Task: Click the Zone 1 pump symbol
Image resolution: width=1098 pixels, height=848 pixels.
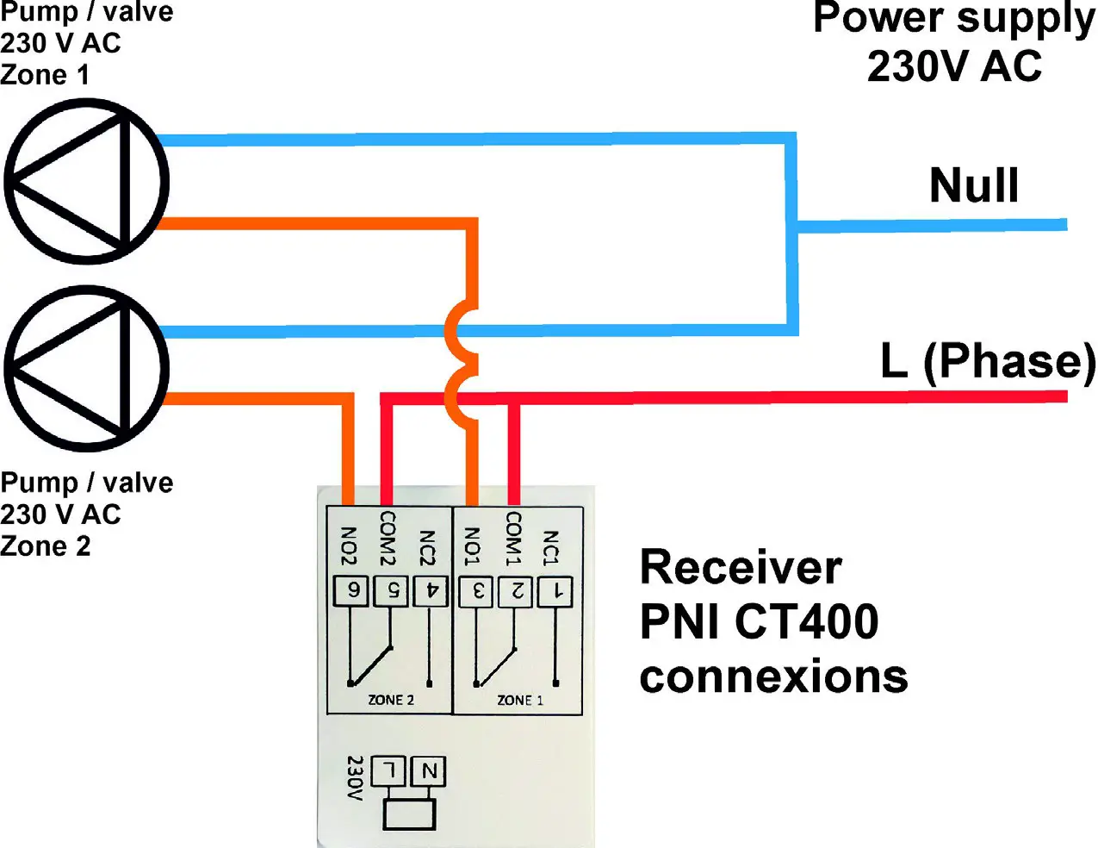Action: point(86,181)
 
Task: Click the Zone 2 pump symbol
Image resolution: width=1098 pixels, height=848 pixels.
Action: point(86,369)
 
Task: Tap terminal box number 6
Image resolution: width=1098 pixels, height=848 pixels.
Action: point(351,591)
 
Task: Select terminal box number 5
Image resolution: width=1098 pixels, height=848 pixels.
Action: point(391,591)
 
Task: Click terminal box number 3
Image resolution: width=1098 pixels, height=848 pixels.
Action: point(476,592)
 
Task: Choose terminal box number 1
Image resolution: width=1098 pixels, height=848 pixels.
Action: point(555,592)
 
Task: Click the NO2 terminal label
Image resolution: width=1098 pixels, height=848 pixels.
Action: point(349,546)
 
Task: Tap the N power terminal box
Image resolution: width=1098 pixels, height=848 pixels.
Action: point(428,770)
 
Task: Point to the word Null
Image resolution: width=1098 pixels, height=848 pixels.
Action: point(974,185)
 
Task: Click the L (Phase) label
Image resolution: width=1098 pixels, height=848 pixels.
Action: point(987,361)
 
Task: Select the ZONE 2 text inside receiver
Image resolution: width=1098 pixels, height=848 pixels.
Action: point(391,700)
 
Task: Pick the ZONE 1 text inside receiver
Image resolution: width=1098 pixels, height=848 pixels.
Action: point(520,700)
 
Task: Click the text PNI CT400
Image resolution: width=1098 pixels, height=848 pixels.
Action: point(759,621)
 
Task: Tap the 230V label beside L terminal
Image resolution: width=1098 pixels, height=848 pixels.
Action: point(354,778)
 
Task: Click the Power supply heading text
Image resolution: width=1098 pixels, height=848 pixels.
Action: point(954,19)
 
